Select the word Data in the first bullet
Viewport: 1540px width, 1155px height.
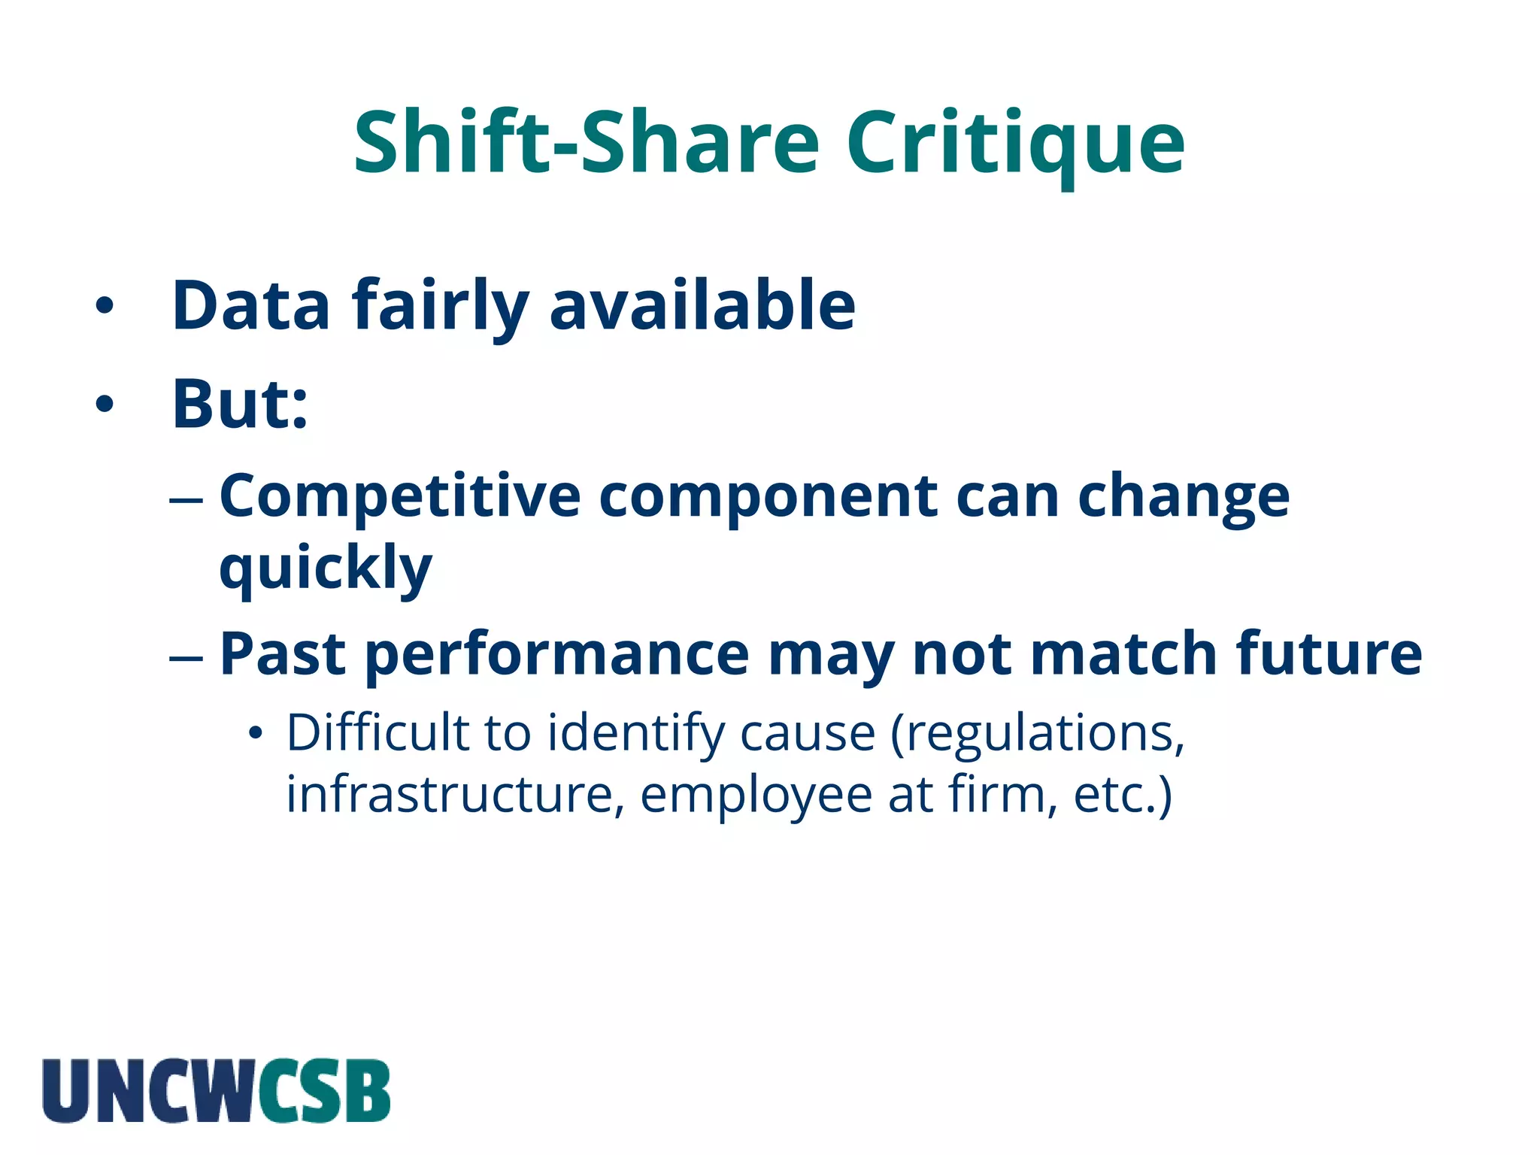click(x=251, y=305)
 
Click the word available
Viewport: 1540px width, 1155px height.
click(x=702, y=305)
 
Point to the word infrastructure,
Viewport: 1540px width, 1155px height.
click(x=455, y=794)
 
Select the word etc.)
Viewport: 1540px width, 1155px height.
click(x=1123, y=796)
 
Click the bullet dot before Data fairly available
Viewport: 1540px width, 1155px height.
click(x=105, y=305)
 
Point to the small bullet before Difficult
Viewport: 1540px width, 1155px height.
click(x=256, y=733)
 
